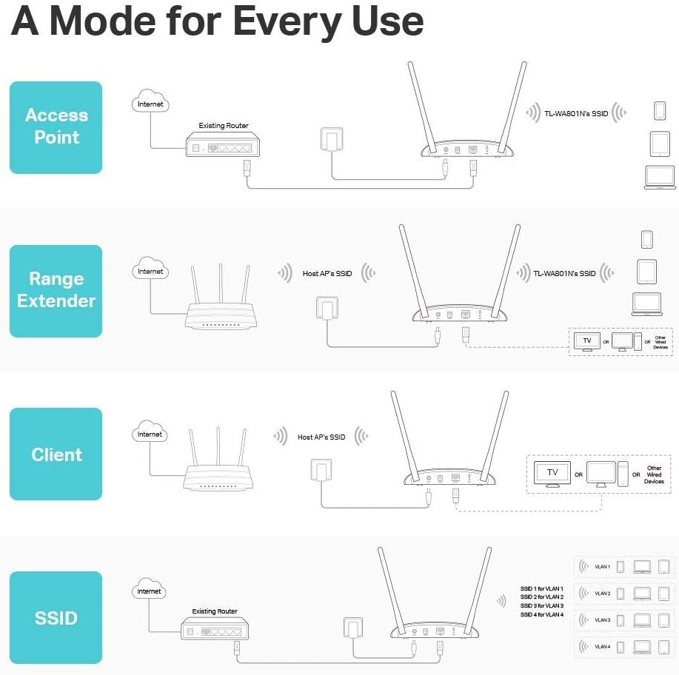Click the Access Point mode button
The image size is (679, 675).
56,127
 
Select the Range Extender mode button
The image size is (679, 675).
56,290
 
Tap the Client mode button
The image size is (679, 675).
56,454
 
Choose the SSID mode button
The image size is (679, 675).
56,617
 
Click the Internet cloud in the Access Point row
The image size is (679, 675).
150,104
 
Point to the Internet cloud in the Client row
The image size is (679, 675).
150,434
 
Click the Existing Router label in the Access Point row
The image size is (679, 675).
224,126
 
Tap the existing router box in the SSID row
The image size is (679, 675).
214,631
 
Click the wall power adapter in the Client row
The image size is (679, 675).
320,471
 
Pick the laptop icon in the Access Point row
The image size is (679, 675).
659,178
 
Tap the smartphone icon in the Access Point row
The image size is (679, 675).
659,111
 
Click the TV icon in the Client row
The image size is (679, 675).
552,474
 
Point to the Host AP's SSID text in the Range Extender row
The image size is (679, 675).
327,274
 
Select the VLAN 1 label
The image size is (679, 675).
602,567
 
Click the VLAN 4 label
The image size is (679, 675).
602,647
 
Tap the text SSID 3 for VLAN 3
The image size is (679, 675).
541,605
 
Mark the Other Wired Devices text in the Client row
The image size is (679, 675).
654,474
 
